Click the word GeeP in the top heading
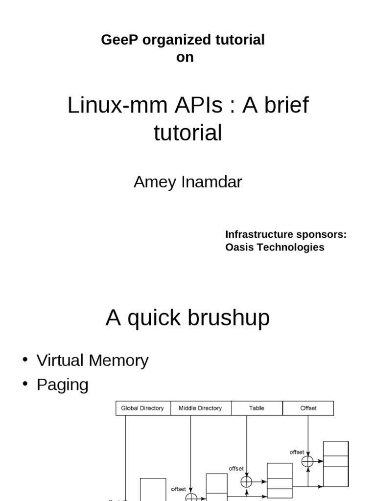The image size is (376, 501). (117, 40)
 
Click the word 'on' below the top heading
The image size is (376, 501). (185, 57)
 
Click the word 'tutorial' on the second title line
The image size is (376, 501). (188, 133)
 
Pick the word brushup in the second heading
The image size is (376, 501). (229, 318)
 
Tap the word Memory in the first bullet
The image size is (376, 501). (120, 361)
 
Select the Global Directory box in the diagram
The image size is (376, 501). (142, 408)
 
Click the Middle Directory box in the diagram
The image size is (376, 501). (200, 408)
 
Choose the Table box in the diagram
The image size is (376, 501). (257, 408)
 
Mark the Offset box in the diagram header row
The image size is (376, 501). (308, 408)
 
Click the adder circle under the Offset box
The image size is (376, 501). (307, 461)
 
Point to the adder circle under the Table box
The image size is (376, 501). (247, 482)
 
